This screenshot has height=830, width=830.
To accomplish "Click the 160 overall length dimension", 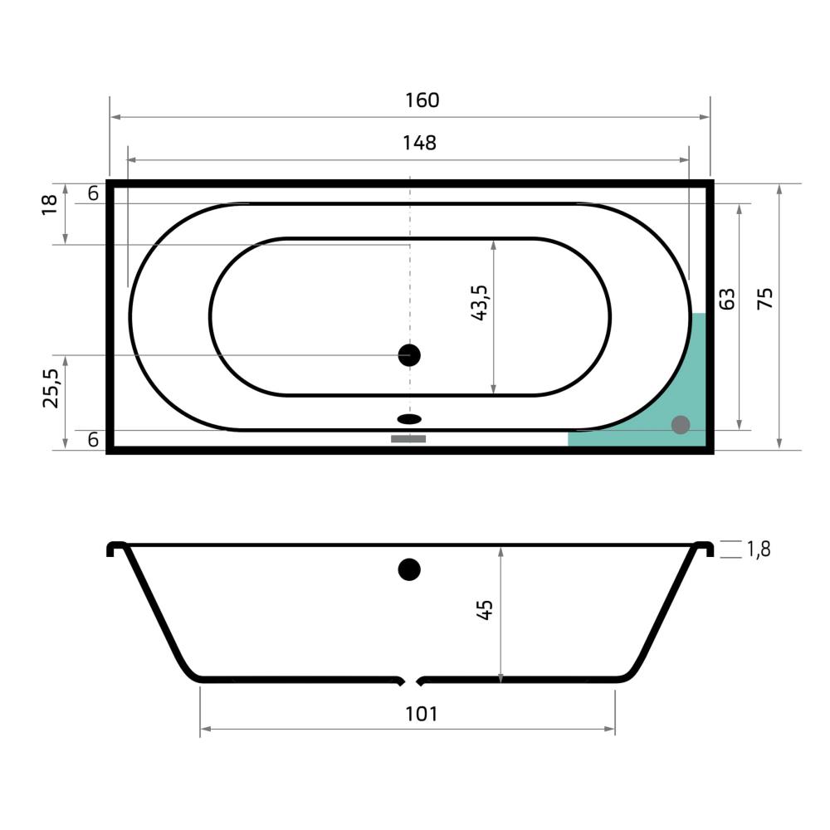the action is point(422,100).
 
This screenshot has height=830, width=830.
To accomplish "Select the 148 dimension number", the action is point(419,143).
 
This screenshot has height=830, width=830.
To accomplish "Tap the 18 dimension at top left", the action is point(49,205).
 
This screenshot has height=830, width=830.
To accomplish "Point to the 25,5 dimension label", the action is point(51,388).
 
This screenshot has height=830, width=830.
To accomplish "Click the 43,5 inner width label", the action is point(479,302).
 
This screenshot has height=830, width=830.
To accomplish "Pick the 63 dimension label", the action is point(727,299).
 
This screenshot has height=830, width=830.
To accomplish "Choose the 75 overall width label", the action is point(765,299).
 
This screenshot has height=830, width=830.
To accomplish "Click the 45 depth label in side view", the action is point(485,610).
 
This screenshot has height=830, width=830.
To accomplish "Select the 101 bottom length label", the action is point(422,714).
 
